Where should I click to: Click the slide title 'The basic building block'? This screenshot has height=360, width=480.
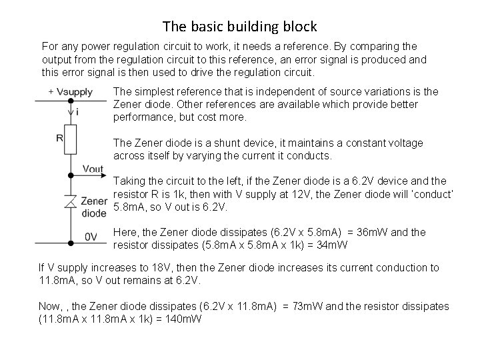tap(240, 27)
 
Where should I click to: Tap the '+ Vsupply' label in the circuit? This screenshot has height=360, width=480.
tap(70, 91)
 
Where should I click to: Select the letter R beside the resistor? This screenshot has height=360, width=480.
tap(59, 138)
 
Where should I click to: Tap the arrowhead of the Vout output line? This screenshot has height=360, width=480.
tap(102, 176)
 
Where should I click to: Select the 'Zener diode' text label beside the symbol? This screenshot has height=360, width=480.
tap(93, 207)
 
